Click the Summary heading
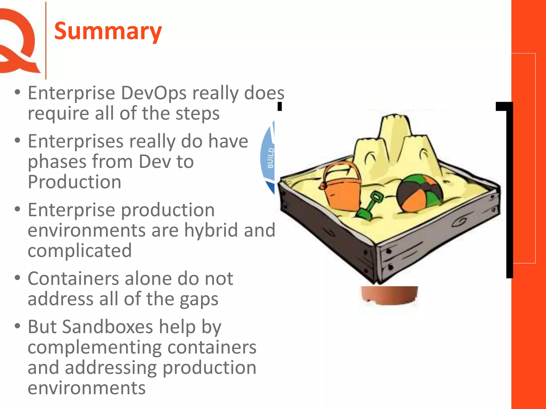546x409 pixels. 108,31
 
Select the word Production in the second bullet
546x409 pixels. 75,182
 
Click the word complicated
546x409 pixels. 80,251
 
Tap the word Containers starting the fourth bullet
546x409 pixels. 73,279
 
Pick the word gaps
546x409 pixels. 199,300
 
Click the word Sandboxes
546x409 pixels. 107,327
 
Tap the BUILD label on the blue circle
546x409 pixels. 270,158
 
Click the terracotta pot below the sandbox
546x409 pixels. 389,295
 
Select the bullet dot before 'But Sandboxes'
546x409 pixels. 18,326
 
